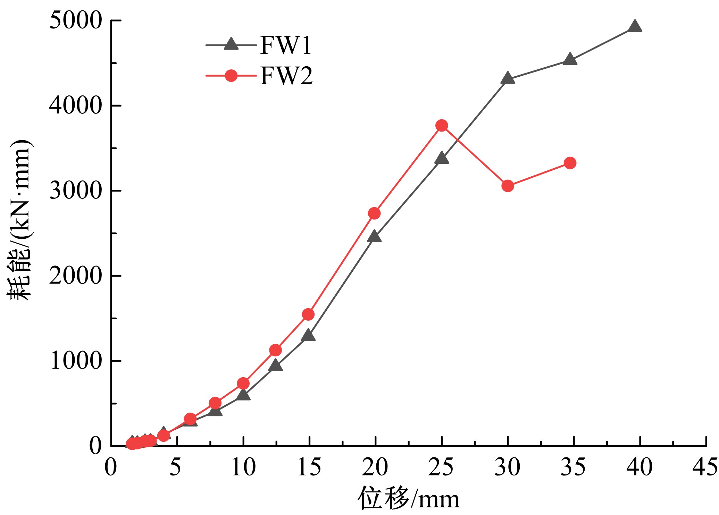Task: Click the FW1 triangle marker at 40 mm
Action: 635,27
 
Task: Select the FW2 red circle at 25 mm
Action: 442,125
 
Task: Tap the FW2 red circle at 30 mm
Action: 508,186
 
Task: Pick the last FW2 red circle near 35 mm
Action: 570,163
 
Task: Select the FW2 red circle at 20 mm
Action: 374,213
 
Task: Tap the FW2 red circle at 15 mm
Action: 308,314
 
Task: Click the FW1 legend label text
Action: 286,45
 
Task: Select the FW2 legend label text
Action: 287,76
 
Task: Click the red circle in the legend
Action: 231,75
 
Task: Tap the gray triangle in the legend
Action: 231,44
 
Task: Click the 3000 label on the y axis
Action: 76,191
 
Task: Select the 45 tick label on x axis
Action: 705,467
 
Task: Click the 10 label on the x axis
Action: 243,467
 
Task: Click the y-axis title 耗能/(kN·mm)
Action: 20,220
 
